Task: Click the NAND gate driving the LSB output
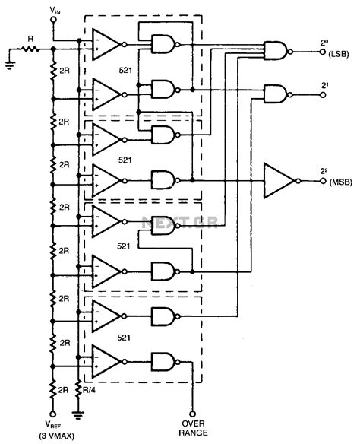pyautogui.click(x=275, y=51)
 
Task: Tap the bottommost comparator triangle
pyautogui.click(x=107, y=360)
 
